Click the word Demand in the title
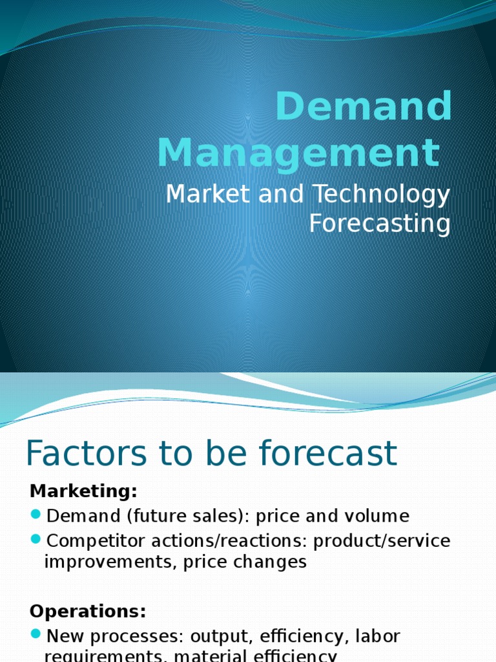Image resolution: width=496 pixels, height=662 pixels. point(364,106)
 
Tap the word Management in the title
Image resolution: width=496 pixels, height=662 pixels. point(298,153)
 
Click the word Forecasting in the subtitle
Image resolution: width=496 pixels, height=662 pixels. point(380,224)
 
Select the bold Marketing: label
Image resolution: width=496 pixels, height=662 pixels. point(83,491)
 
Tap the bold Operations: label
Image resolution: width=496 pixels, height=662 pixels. point(88,611)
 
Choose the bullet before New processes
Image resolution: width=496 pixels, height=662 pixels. point(36,635)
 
